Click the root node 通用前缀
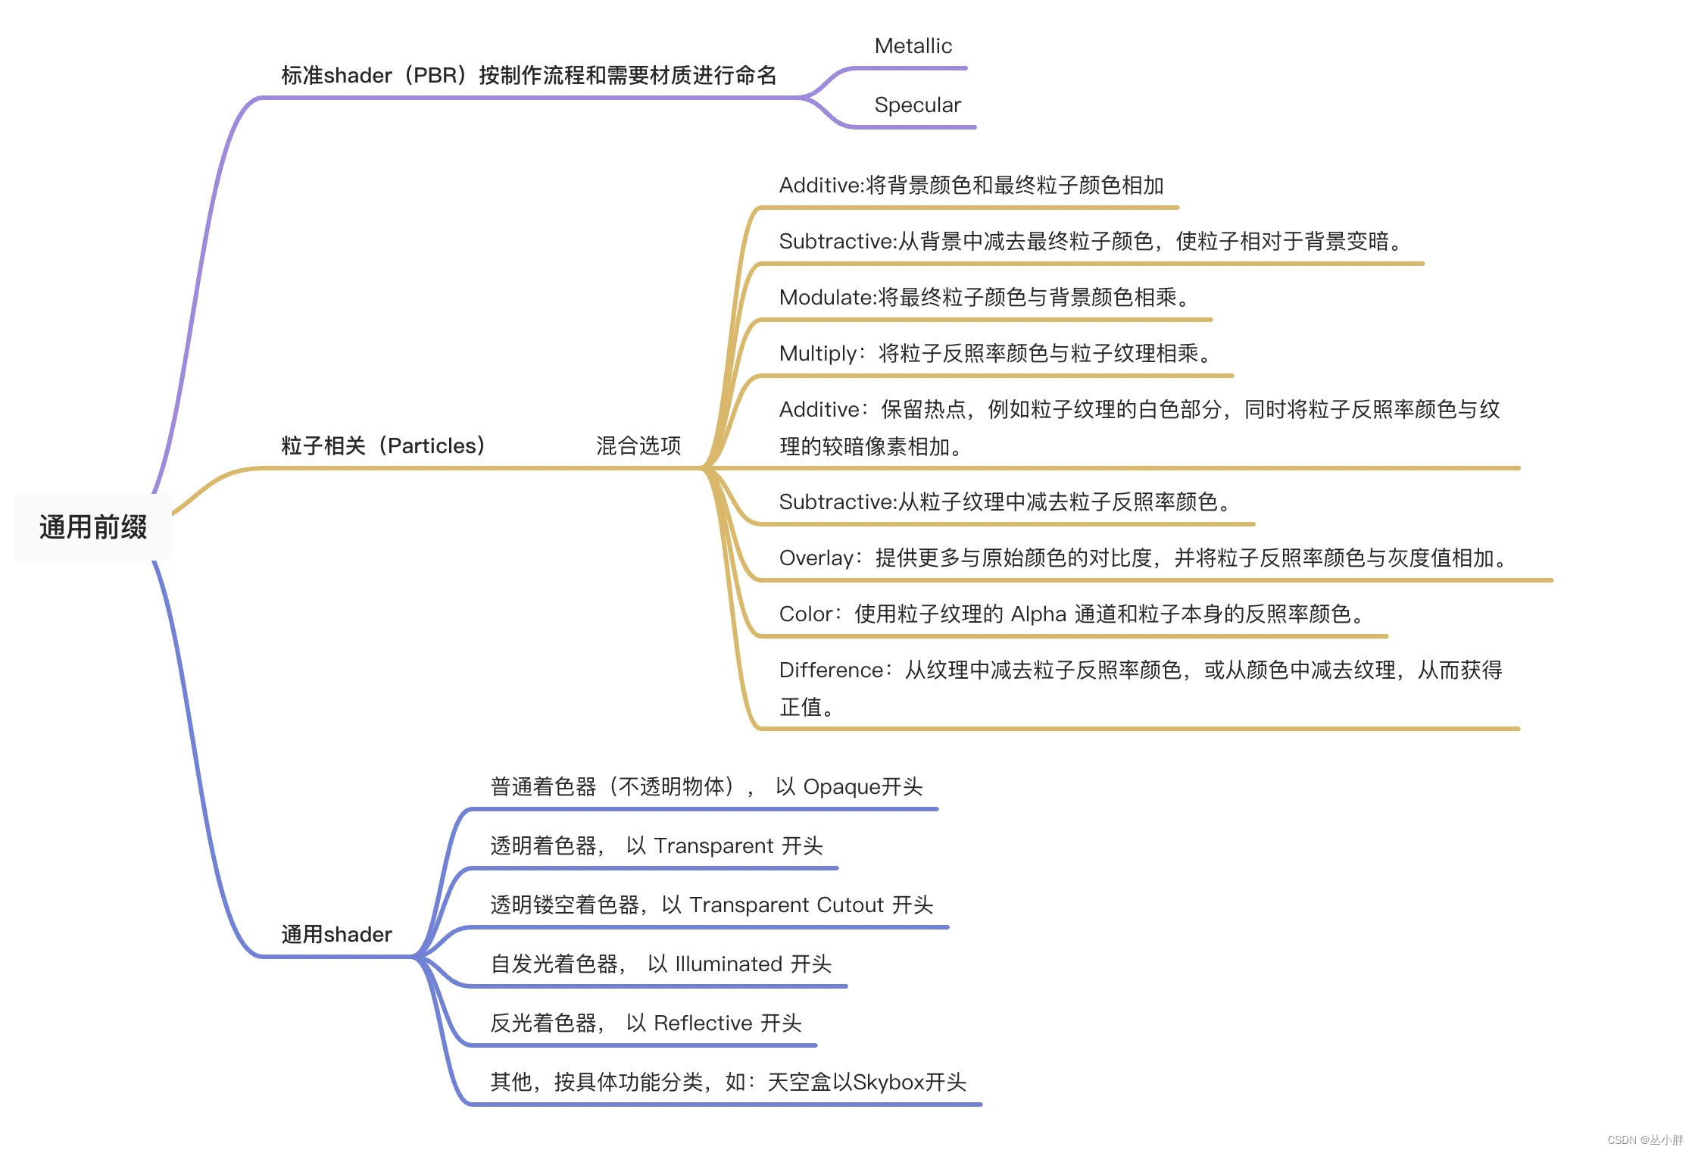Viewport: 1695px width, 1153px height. coord(93,527)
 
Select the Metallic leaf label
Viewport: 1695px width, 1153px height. coord(913,46)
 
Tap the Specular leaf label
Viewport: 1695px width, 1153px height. coord(917,105)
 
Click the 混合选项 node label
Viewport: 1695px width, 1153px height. coord(638,445)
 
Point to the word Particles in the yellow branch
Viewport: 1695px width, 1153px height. coord(432,445)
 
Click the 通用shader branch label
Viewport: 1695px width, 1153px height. coord(336,934)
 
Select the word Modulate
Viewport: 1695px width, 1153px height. coord(826,298)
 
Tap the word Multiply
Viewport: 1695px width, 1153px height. coord(817,354)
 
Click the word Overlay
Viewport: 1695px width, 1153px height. coord(816,558)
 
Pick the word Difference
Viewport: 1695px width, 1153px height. coord(831,670)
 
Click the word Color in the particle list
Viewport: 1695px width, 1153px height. coord(806,614)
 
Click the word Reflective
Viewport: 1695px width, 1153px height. coord(703,1023)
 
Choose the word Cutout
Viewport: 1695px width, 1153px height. coord(851,905)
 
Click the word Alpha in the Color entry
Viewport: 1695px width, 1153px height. coord(1038,614)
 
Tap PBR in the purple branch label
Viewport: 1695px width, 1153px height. coord(435,76)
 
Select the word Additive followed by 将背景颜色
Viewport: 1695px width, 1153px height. coord(821,186)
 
